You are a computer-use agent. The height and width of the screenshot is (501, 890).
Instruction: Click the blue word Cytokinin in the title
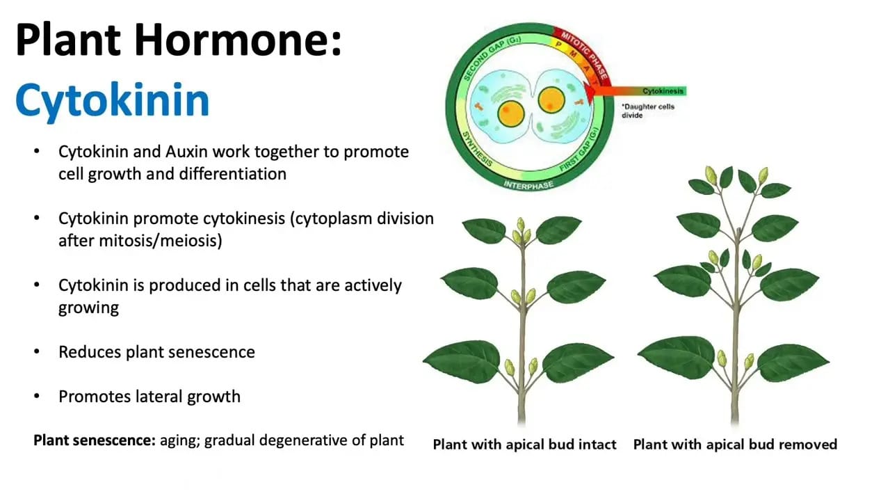113,101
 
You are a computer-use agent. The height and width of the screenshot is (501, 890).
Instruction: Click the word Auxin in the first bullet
187,152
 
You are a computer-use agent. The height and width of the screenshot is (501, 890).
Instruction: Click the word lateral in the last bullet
159,397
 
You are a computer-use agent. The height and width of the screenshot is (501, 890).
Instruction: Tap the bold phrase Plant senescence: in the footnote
95,440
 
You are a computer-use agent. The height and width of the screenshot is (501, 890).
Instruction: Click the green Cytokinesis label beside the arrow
663,91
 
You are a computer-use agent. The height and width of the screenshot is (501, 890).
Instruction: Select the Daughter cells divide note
647,111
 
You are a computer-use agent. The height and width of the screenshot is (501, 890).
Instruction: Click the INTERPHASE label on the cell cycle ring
528,185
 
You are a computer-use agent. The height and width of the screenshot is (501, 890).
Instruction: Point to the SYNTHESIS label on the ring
477,149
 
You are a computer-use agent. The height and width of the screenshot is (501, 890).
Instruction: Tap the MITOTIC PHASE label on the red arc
584,55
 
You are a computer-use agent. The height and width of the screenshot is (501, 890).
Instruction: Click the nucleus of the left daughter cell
510,113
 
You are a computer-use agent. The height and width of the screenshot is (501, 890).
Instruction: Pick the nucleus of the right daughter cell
551,100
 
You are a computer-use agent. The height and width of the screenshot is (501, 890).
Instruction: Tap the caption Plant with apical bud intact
524,444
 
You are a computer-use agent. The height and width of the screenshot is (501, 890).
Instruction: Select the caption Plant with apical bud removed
735,444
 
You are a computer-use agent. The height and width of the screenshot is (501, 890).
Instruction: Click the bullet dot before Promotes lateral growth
37,396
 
